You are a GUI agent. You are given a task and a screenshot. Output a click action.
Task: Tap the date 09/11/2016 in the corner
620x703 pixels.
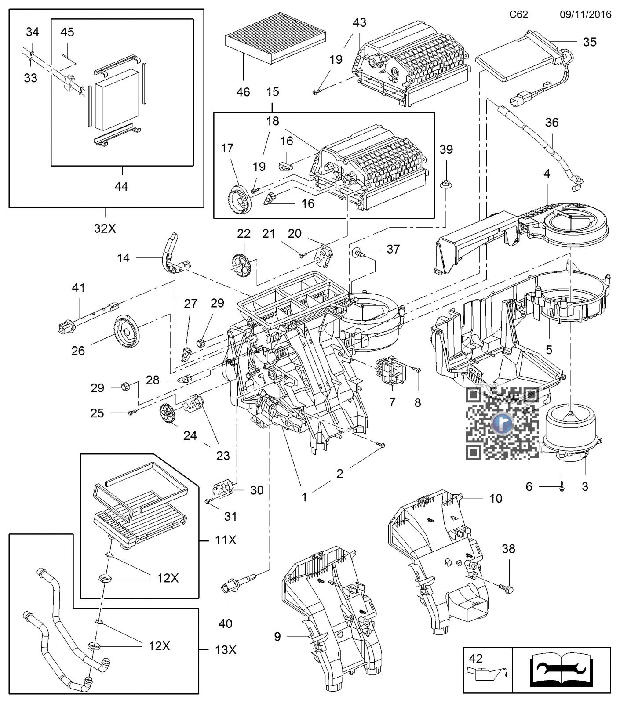coord(585,14)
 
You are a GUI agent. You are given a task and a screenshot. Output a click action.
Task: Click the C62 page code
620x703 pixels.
coord(518,14)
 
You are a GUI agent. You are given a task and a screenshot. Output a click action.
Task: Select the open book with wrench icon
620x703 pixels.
coord(562,670)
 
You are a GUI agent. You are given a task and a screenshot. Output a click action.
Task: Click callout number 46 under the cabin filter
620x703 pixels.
coord(243,92)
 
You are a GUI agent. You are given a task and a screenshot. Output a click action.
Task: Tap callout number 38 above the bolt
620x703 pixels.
coord(508,549)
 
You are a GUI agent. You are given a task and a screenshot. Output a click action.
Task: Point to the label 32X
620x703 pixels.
coord(105,228)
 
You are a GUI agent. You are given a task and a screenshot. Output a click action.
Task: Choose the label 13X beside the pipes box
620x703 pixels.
coord(226,649)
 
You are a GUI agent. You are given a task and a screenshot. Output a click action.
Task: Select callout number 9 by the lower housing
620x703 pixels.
coord(277,636)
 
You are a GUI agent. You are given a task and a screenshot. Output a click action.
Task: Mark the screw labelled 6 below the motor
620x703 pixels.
coord(562,487)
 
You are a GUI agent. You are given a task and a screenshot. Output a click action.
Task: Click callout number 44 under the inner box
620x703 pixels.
coord(121,186)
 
